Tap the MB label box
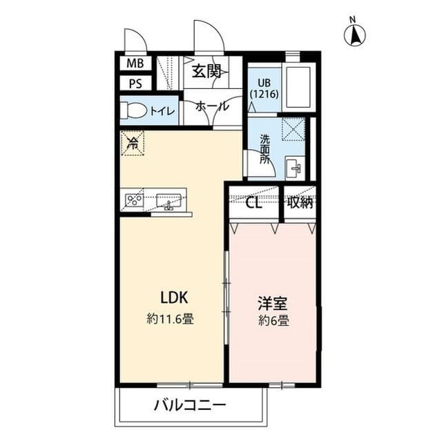[x=135, y=63]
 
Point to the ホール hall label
[x=207, y=107]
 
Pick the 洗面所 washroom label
[x=265, y=148]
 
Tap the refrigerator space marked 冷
[x=133, y=144]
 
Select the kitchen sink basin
[x=169, y=201]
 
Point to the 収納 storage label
[x=300, y=203]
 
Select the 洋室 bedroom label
[x=273, y=302]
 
